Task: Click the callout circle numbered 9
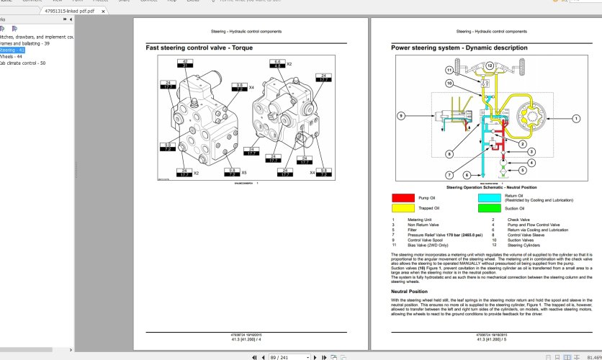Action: tap(400, 115)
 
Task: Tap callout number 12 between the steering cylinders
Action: tap(489, 66)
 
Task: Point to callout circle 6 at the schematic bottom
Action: tap(467, 175)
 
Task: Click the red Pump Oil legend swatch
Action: tap(403, 197)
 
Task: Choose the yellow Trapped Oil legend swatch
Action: tap(403, 208)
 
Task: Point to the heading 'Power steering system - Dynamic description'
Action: tap(459, 48)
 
